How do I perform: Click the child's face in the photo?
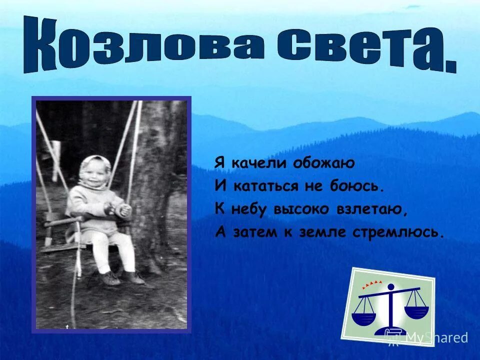tap(93, 175)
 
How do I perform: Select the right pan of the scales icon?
tap(416, 311)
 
